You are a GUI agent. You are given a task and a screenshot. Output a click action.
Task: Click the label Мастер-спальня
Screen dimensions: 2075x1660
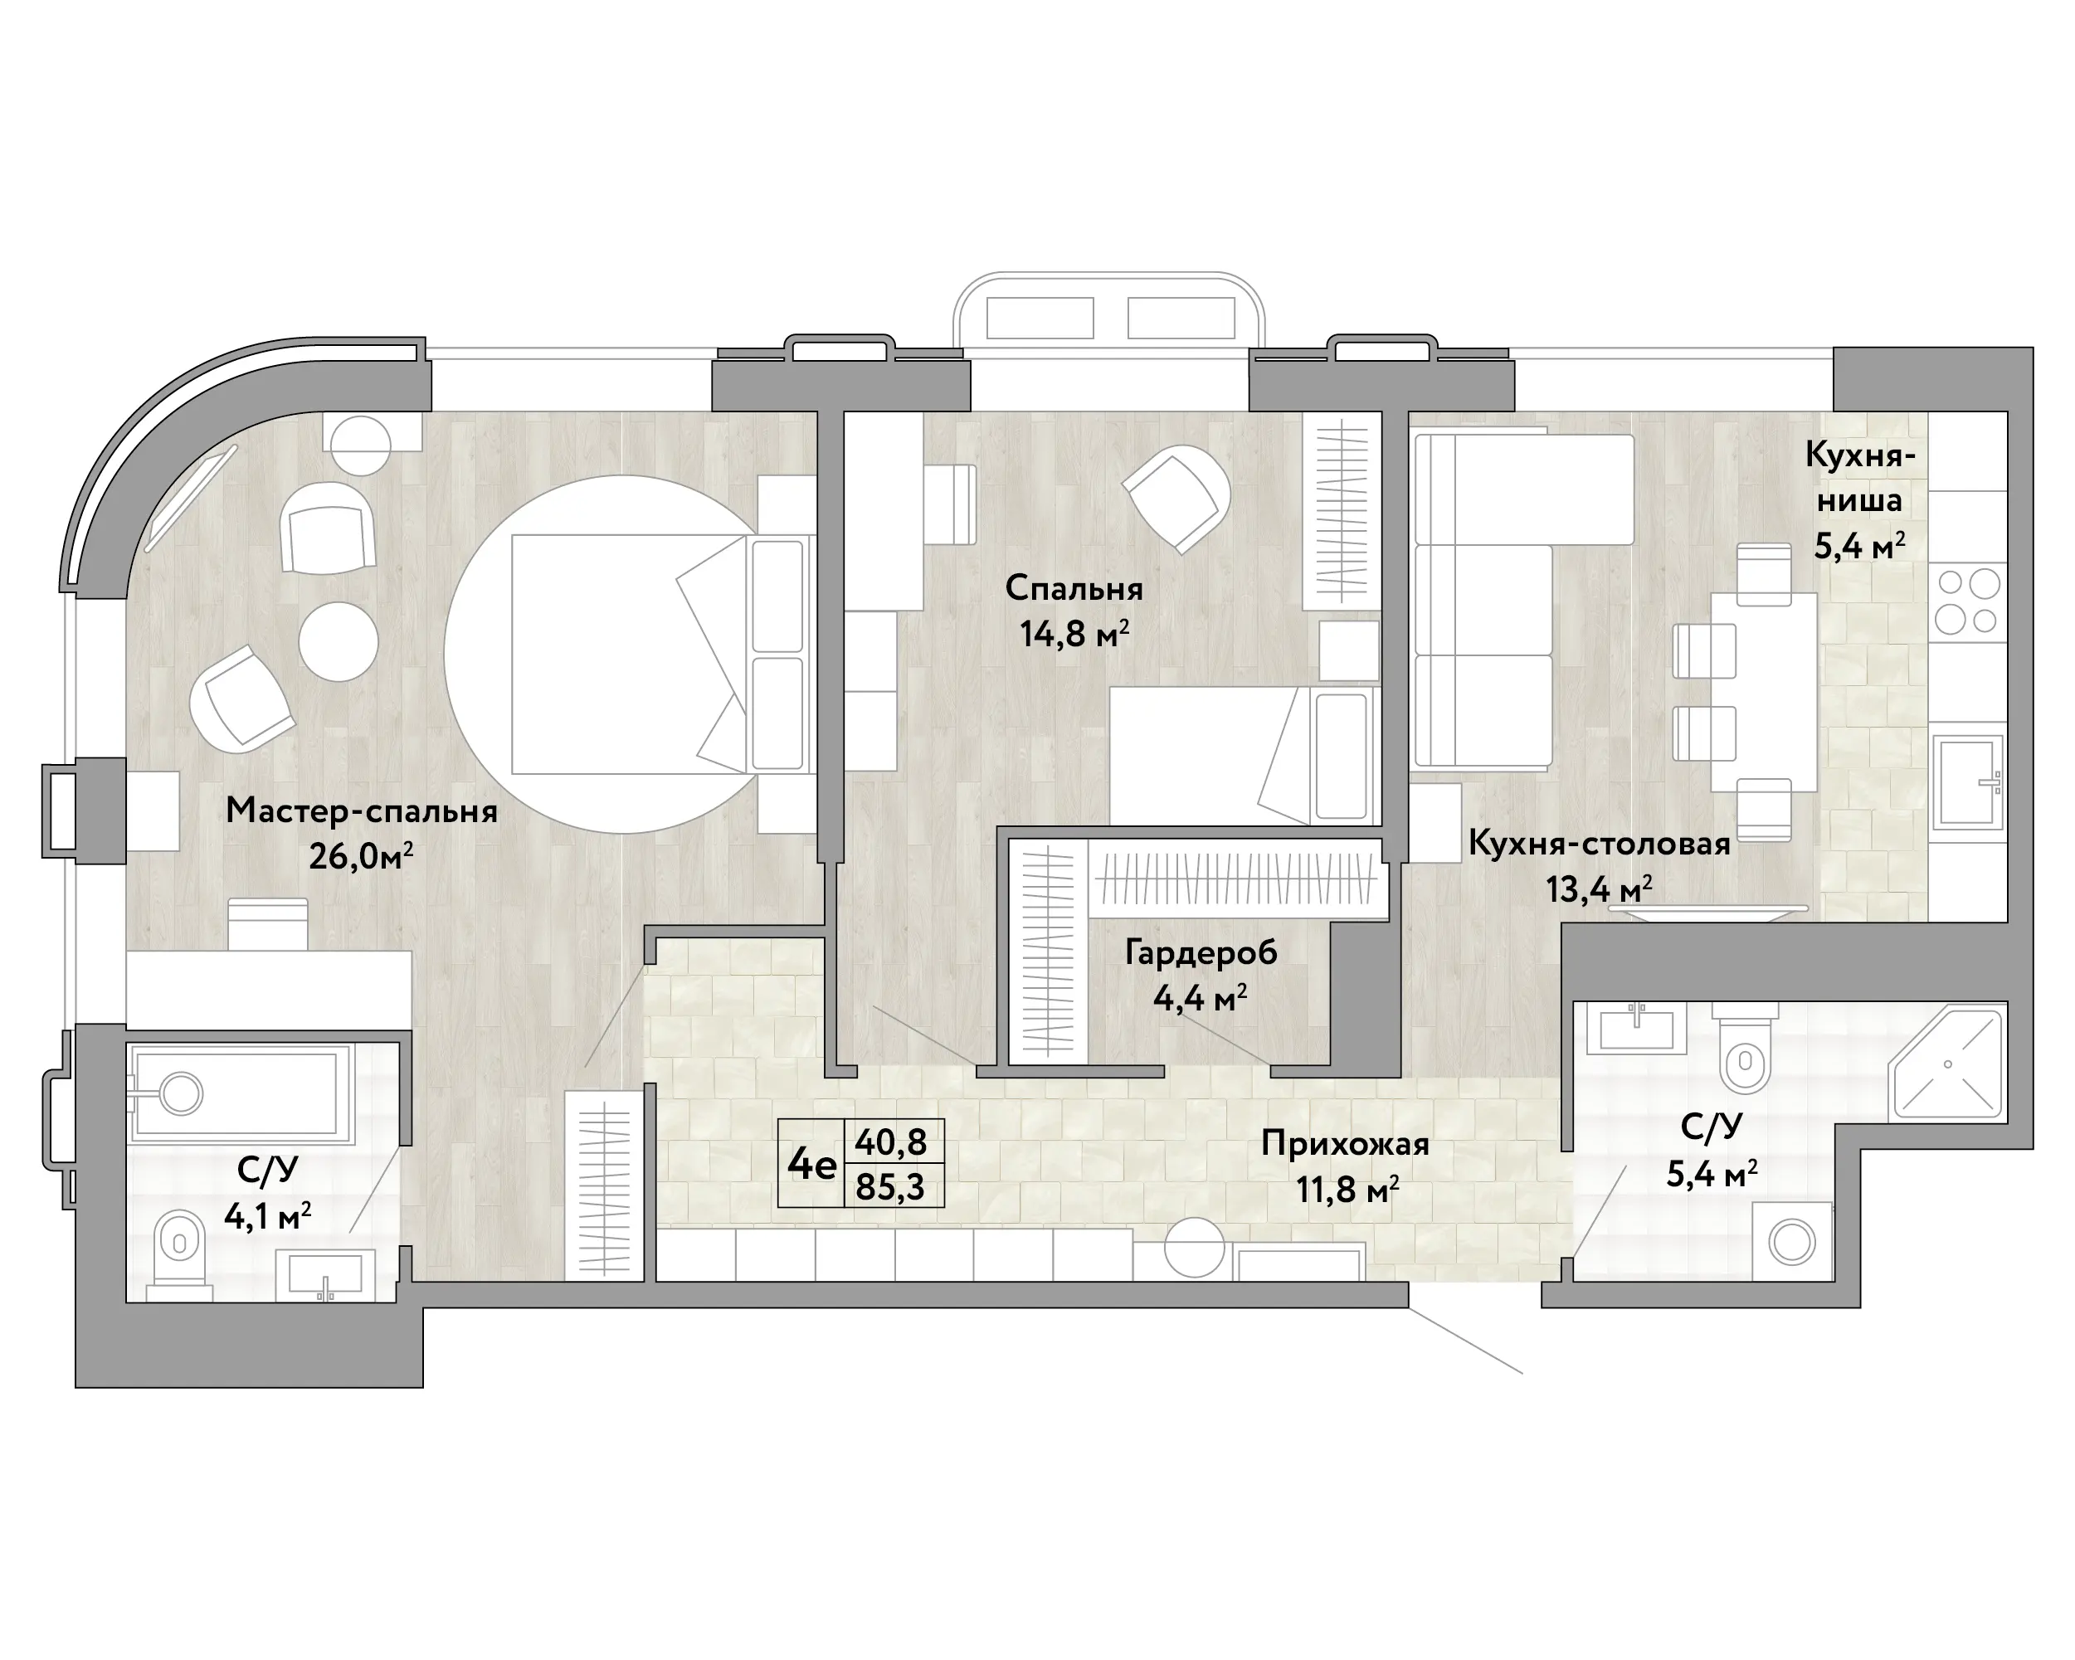(362, 811)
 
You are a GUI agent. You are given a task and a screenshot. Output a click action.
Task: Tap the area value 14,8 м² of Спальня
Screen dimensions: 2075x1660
(1074, 634)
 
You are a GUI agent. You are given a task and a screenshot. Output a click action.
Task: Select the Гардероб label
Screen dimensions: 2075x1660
(1201, 952)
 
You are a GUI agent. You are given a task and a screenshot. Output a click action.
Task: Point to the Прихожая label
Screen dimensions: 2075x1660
(1345, 1144)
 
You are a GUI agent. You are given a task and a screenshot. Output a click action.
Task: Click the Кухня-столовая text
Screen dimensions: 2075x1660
(1600, 844)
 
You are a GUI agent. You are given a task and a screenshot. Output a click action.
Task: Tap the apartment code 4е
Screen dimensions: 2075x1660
(811, 1165)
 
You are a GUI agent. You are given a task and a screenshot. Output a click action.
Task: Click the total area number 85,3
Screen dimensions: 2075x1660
(890, 1186)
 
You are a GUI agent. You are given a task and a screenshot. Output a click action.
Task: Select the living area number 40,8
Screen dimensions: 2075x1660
(890, 1142)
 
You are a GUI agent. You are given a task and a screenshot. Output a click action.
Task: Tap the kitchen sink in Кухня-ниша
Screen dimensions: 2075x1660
(1969, 781)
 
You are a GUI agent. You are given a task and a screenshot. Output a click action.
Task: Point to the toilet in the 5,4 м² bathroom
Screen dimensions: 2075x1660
(1746, 1048)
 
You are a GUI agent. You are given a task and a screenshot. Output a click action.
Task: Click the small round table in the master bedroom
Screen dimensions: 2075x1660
(338, 641)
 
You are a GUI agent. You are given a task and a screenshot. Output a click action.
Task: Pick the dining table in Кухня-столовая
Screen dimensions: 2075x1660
(1763, 692)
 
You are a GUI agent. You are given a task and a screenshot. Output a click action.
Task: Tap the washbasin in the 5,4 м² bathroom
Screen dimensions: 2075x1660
(1636, 1027)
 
